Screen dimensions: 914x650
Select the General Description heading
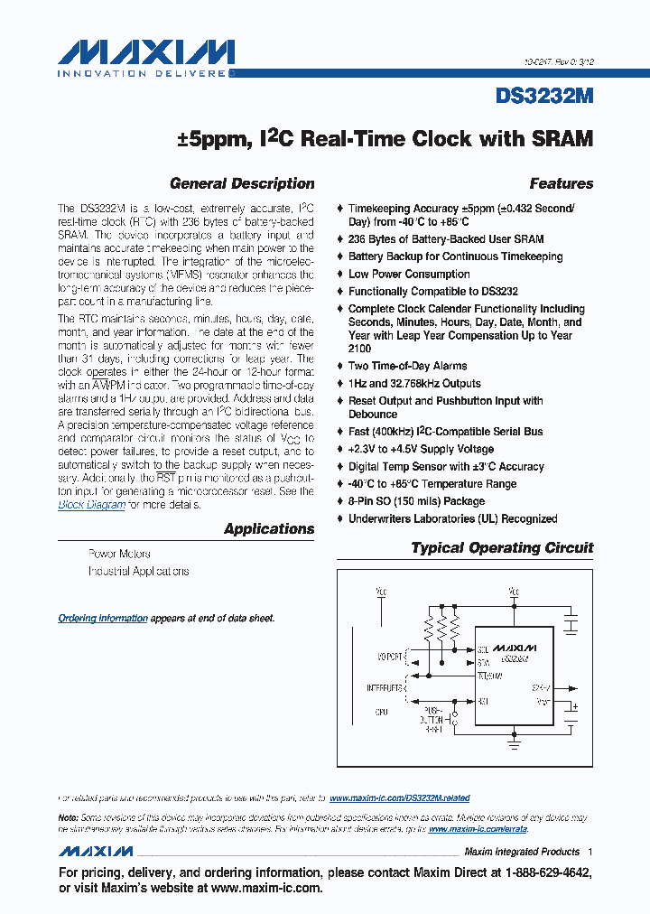coord(242,184)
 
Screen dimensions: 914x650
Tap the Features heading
coord(561,184)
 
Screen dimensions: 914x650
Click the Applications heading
coord(269,529)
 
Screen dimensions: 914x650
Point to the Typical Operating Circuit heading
coord(502,548)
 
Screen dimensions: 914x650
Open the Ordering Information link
coord(103,619)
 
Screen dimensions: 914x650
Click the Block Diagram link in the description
coord(91,505)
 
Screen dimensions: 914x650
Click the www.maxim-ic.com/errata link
coord(478,829)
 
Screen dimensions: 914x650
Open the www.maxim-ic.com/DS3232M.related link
coord(399,798)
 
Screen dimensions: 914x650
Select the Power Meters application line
coord(119,554)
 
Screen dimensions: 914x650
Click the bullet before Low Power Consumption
coord(339,275)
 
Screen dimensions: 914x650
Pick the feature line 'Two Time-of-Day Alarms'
coord(407,366)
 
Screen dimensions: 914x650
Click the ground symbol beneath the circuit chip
coord(515,744)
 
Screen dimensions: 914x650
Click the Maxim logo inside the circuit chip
coord(514,648)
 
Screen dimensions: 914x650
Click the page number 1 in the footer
coord(590,852)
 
